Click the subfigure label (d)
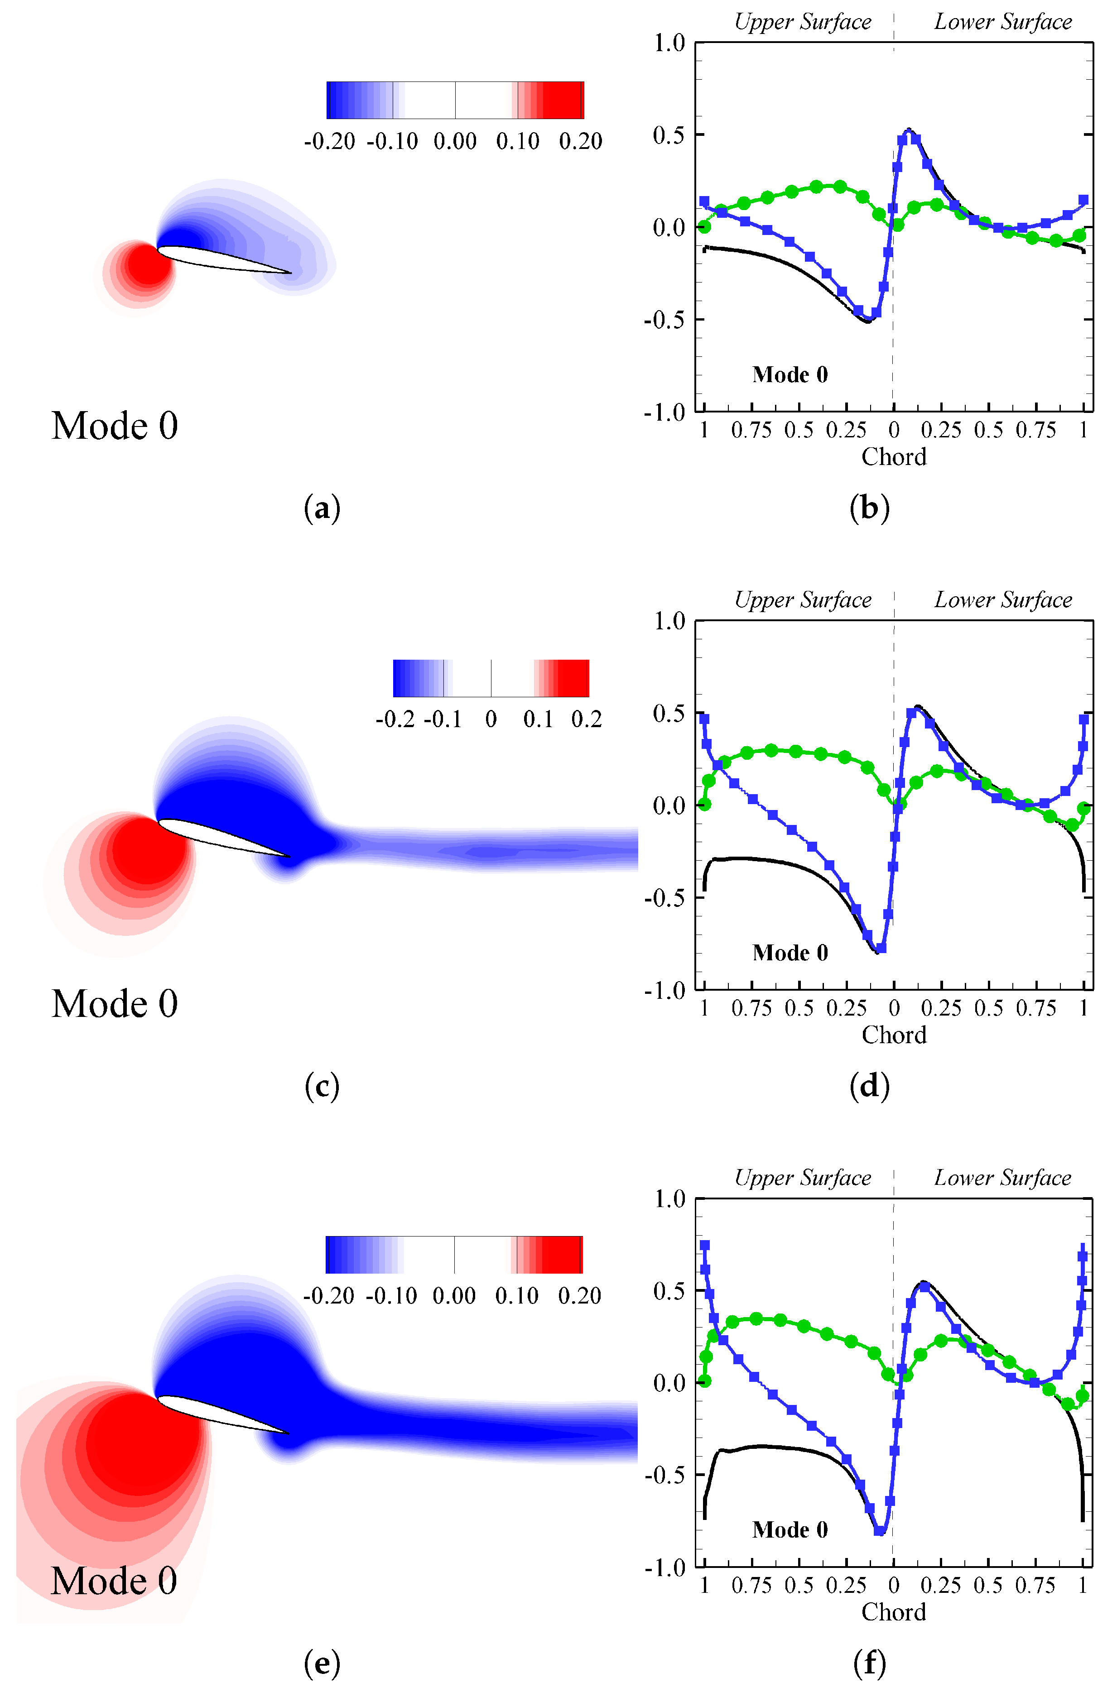(x=869, y=1087)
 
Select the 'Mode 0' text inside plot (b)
(x=790, y=374)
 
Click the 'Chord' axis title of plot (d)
(x=894, y=1035)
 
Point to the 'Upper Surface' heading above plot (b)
(x=803, y=22)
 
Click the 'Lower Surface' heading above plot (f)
(x=1003, y=1178)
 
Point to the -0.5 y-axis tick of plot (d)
(x=664, y=898)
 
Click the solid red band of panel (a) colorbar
(x=566, y=100)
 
